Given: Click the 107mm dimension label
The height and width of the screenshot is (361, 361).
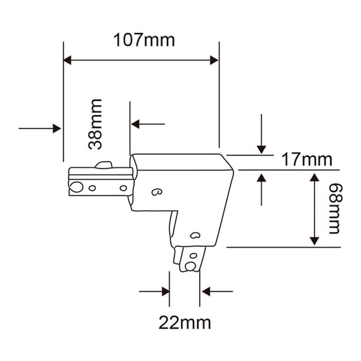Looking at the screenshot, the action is point(144,41).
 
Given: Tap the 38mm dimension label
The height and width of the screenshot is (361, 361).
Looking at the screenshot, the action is point(95,124).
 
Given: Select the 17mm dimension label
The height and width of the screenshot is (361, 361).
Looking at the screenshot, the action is point(307,160).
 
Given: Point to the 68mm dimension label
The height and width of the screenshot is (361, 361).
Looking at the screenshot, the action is point(336,208).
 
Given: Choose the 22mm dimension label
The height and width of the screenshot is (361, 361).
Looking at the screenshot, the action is point(184,322).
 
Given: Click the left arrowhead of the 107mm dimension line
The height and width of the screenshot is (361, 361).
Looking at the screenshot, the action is point(67,60).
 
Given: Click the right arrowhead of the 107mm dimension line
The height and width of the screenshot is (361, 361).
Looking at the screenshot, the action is point(214,60).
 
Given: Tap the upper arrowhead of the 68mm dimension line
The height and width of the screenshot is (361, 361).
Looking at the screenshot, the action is point(315,177).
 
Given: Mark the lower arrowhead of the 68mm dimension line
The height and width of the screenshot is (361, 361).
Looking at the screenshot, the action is point(315,241).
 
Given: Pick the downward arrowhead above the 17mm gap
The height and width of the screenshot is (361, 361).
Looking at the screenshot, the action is point(261,149).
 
